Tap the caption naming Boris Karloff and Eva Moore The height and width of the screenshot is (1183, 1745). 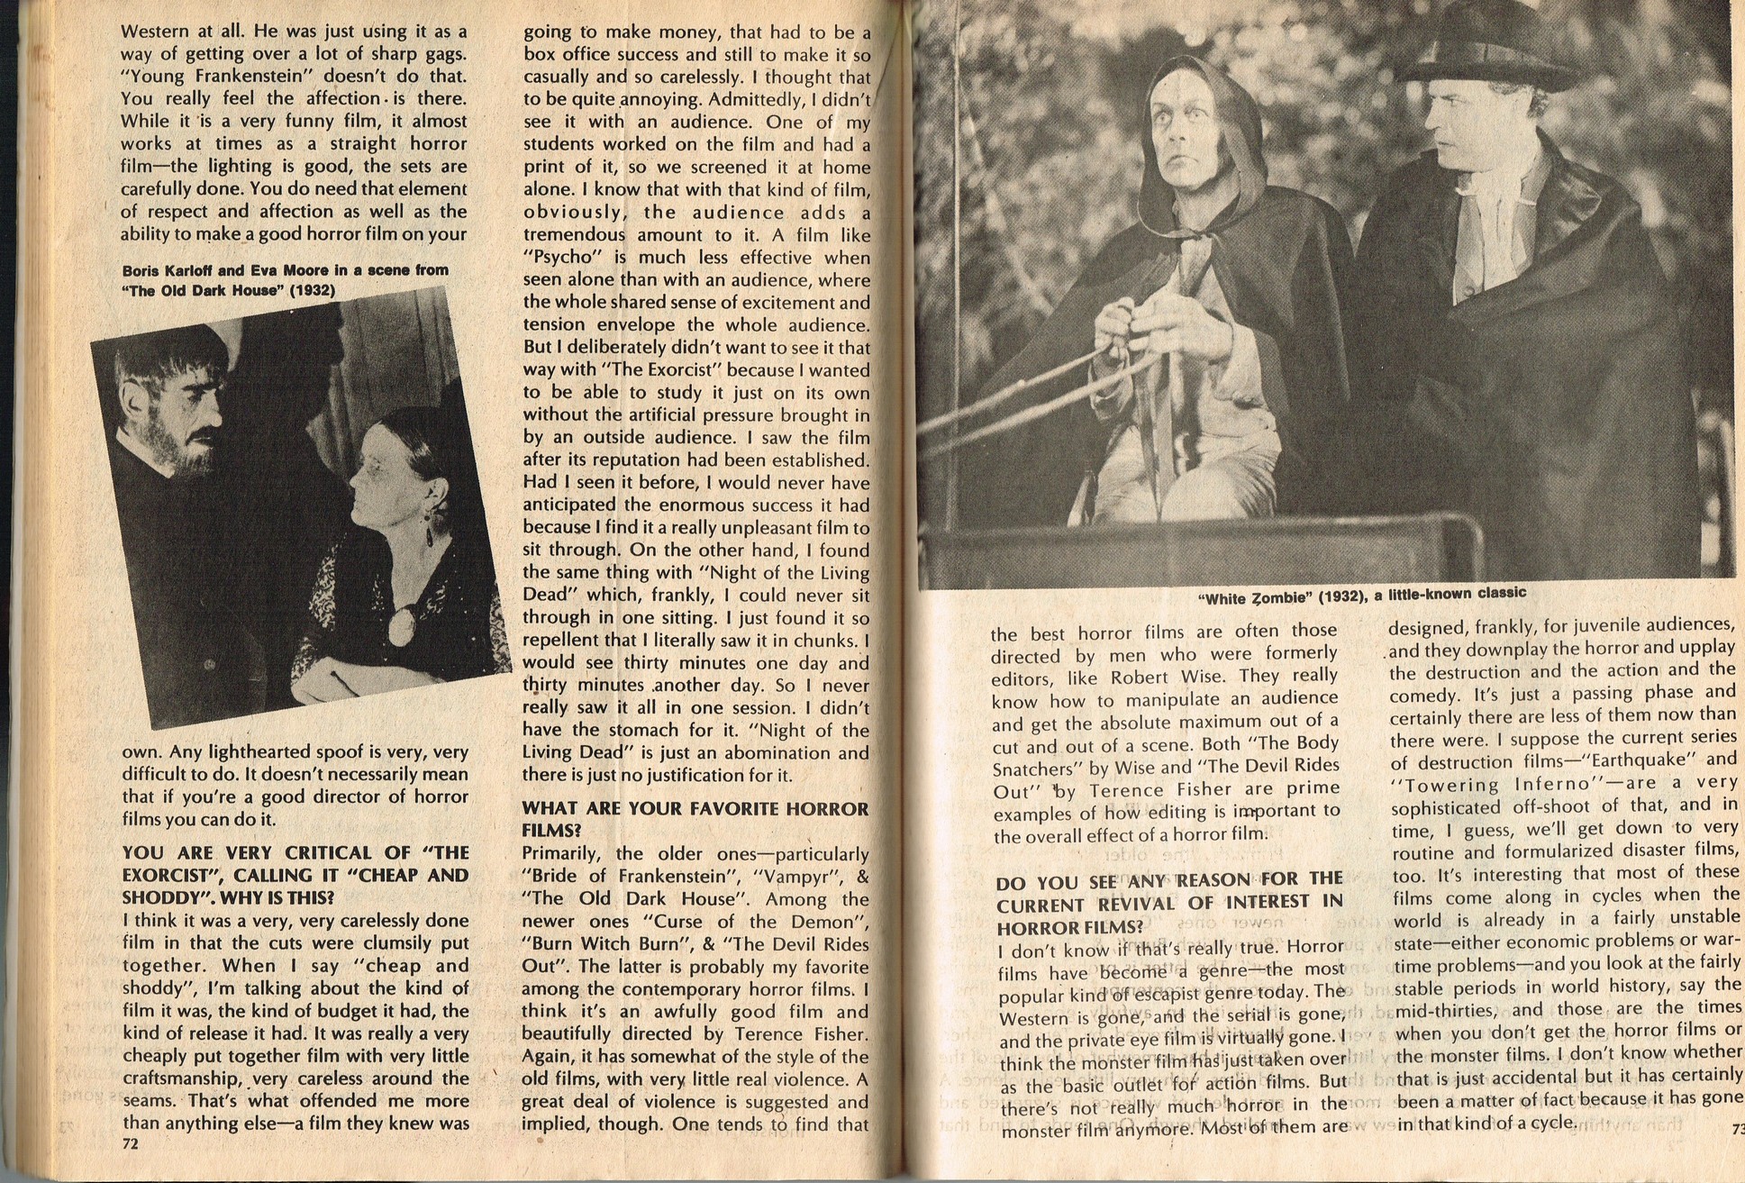285,279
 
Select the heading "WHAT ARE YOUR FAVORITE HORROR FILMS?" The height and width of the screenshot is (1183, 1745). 695,819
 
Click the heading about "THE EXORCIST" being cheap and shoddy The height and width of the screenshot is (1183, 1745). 295,875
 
